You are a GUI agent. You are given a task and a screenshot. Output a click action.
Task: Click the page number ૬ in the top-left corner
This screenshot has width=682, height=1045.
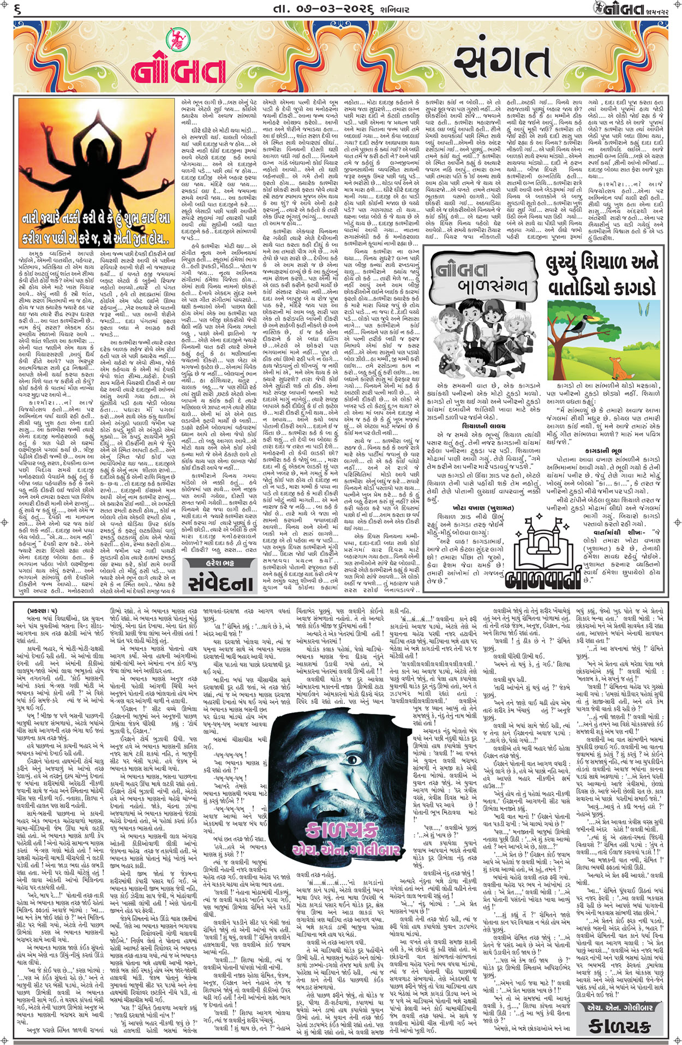point(17,9)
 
